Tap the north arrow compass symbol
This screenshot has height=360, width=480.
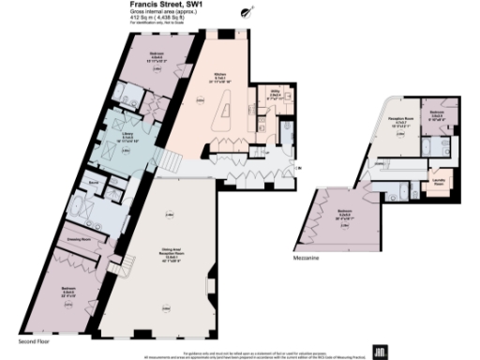[x=247, y=11]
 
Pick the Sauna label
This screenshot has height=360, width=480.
[x=93, y=176]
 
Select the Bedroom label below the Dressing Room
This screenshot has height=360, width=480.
[x=68, y=289]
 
